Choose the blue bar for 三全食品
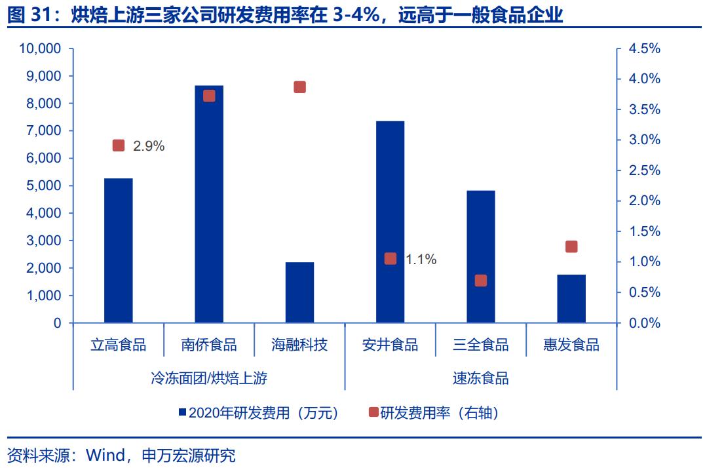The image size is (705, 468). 481,256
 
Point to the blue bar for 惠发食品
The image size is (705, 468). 571,298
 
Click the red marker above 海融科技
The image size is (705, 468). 299,87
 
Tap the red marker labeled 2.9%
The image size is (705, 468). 119,146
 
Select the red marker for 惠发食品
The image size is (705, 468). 571,246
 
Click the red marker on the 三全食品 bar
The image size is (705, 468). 481,281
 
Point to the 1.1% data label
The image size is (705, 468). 421,260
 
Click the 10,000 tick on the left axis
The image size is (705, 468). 41,49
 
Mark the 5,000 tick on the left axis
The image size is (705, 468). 44,186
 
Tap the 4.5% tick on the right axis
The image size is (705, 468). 644,49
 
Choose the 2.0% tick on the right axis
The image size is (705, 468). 644,201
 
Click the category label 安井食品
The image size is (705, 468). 390,345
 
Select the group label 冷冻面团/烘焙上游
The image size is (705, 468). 208,378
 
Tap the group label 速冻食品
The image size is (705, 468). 480,378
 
